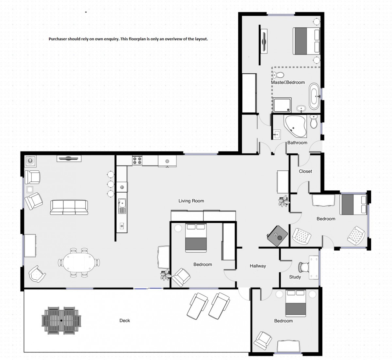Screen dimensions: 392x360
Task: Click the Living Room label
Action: (x=191, y=201)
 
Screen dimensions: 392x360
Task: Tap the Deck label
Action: (x=125, y=321)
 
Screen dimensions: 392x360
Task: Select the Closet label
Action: (x=305, y=171)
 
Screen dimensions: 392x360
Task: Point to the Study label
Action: (x=295, y=277)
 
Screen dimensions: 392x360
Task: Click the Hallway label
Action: (x=258, y=266)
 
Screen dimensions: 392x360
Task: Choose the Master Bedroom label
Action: (x=288, y=83)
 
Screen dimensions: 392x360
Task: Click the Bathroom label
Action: (x=297, y=143)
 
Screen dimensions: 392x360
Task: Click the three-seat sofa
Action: (x=69, y=208)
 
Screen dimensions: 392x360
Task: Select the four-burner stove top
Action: (x=137, y=161)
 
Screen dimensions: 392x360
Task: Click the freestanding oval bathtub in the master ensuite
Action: (x=314, y=96)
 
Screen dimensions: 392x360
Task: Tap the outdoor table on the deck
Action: (x=61, y=321)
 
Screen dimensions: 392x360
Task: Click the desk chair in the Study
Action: (x=303, y=267)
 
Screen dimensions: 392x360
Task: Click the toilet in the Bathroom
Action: (x=314, y=121)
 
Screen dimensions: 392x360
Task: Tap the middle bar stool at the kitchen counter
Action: (x=111, y=184)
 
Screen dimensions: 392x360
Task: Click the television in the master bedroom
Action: (x=264, y=41)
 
